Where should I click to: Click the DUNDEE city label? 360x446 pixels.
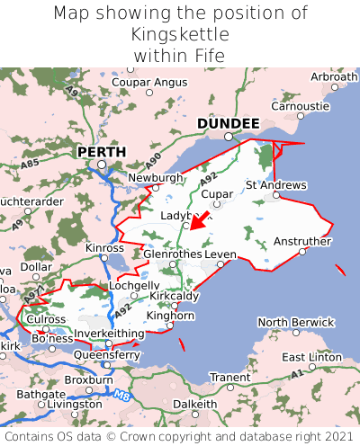pos(228,123)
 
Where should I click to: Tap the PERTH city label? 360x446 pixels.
pos(101,152)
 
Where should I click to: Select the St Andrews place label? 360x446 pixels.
pos(275,185)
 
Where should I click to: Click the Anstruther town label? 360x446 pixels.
pos(301,241)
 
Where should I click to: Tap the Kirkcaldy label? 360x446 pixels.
pos(175,296)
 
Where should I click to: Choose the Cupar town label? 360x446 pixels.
pos(217,193)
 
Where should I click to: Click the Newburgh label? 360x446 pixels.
pos(155,178)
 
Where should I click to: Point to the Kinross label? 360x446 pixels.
pos(104,247)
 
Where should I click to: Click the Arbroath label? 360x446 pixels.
pos(333,77)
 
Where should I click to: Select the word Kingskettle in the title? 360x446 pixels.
pos(180,34)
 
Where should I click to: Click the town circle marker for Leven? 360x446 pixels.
pos(220,264)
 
